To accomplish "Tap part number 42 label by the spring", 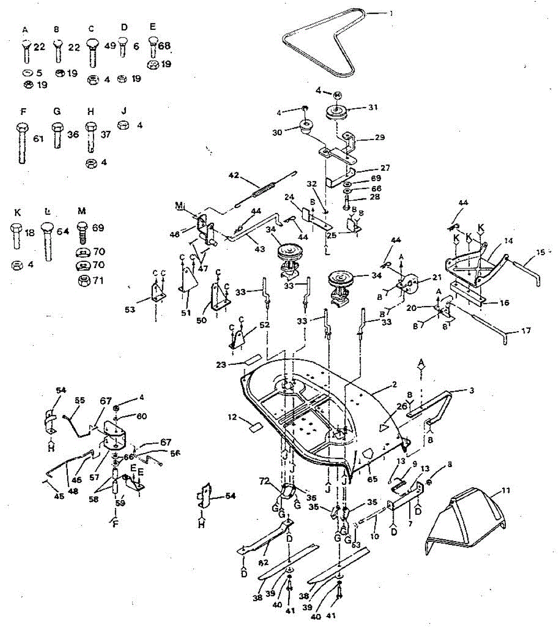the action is click(234, 176).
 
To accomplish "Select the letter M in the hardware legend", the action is click(81, 211).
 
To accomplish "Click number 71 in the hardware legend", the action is click(98, 281).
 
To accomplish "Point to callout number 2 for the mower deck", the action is click(394, 385).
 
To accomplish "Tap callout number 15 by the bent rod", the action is click(540, 252).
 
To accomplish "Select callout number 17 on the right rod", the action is click(526, 331).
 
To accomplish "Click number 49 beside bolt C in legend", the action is click(110, 46).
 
